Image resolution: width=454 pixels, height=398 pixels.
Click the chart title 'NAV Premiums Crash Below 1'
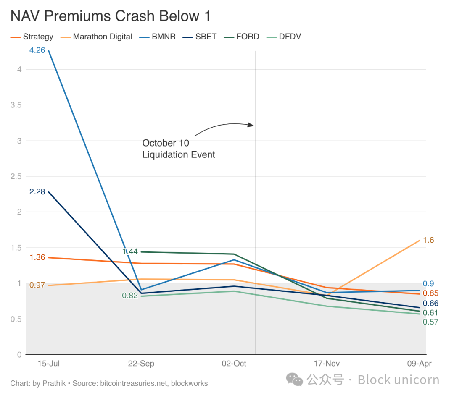point(110,16)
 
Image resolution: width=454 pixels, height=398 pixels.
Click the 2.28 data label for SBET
point(37,192)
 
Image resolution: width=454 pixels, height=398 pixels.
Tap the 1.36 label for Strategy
point(37,257)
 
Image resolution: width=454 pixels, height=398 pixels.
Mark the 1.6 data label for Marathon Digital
point(429,240)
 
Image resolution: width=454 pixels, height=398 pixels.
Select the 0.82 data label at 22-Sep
point(130,296)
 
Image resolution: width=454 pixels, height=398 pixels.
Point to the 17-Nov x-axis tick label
point(327,364)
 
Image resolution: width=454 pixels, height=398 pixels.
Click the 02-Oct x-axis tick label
point(234,364)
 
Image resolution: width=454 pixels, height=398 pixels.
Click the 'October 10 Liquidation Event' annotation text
point(178,149)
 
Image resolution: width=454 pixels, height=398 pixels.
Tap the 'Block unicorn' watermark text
point(398,380)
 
